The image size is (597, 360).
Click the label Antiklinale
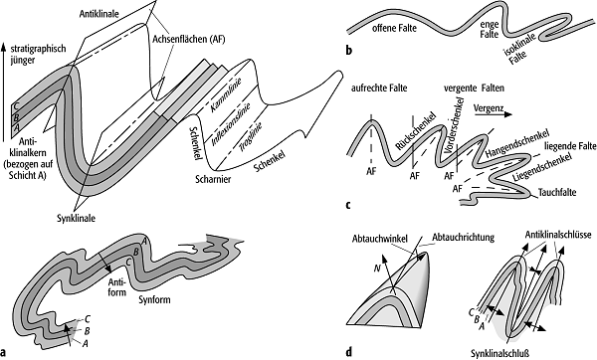99,14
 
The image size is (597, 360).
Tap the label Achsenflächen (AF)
189,39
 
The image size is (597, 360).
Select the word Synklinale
77,219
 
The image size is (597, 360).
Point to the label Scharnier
213,179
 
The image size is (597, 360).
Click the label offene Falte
394,28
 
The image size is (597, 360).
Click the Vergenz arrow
497,114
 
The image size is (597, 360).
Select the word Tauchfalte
557,193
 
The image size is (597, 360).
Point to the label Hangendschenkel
517,144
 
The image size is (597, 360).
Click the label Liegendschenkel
542,167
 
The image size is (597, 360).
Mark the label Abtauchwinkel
380,239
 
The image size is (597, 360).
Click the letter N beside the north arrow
377,269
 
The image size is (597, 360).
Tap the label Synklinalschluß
499,353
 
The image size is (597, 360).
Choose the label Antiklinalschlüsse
558,235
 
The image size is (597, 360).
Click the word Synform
154,300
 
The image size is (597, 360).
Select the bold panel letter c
348,206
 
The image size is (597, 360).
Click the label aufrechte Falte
379,89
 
